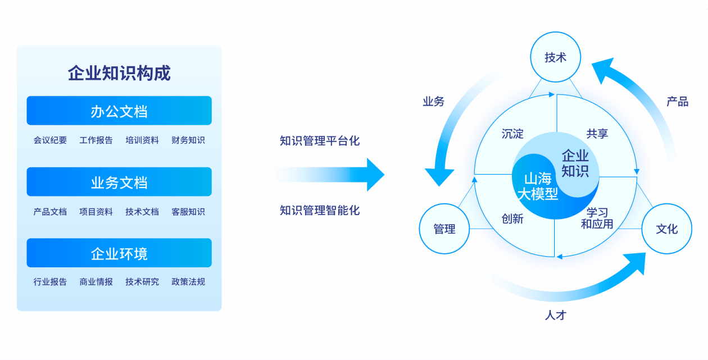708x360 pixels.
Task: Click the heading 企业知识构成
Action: click(x=119, y=73)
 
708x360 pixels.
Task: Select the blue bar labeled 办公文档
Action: click(x=119, y=111)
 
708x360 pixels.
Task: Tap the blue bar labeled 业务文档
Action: click(x=119, y=182)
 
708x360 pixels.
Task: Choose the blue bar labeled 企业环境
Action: click(x=119, y=253)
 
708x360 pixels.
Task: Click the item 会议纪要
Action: click(x=50, y=140)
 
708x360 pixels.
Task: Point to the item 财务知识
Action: click(x=188, y=140)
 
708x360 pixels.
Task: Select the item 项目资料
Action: click(x=96, y=212)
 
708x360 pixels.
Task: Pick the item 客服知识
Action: click(x=188, y=212)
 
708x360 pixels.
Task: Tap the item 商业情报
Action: click(x=96, y=282)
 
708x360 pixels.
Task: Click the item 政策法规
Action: click(x=188, y=282)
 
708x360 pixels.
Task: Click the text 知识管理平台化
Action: click(x=320, y=140)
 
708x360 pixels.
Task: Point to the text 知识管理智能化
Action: click(x=320, y=211)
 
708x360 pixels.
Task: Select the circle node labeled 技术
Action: click(x=556, y=57)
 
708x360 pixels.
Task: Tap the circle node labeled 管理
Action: click(x=444, y=229)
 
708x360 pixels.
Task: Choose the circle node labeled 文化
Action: click(x=667, y=229)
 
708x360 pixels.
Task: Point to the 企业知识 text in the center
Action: click(x=575, y=163)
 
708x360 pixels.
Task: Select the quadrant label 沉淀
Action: click(x=512, y=134)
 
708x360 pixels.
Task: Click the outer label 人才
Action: click(x=556, y=315)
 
